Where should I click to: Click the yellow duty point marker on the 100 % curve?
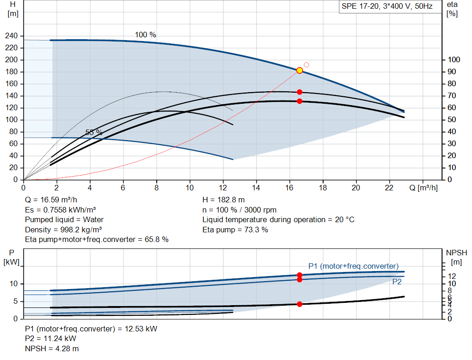pos(300,71)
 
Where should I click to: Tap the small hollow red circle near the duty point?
pos(307,65)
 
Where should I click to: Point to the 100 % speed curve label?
pos(145,35)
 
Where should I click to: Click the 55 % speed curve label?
pos(94,132)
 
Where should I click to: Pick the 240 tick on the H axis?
pos(12,36)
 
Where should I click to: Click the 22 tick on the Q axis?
pos(389,188)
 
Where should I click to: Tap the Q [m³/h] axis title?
pos(424,188)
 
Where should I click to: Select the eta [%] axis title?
pos(452,9)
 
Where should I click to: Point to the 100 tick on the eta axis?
pos(454,59)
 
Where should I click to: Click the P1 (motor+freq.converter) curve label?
pos(354,266)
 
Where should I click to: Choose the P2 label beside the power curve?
pos(397,282)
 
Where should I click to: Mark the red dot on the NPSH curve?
pos(300,304)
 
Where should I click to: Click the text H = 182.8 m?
pos(224,200)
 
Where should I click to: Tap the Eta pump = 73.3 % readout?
pos(235,230)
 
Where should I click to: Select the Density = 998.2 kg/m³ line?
pos(64,230)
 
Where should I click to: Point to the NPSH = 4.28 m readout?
pos(52,348)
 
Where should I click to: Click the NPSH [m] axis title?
pos(456,257)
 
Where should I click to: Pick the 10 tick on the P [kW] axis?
pos(13,284)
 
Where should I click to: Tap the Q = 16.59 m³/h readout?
pos(51,200)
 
